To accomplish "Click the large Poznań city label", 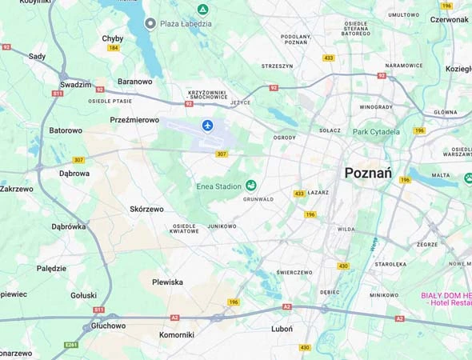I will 367,173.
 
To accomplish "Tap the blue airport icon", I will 208,126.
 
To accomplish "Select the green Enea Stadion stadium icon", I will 250,186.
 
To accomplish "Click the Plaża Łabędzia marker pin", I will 150,23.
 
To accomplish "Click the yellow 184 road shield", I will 114,48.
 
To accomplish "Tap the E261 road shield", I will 71,345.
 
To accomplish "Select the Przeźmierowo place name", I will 134,119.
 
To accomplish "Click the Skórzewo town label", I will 146,209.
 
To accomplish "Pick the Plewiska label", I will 167,282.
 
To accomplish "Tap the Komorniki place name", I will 176,334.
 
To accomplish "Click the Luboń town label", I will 282,329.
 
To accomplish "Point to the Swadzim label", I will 75,84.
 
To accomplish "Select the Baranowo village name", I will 134,81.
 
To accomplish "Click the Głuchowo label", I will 108,326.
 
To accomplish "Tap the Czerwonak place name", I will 449,20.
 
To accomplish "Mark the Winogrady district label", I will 375,106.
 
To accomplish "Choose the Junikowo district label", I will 222,226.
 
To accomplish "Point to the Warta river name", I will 373,241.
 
